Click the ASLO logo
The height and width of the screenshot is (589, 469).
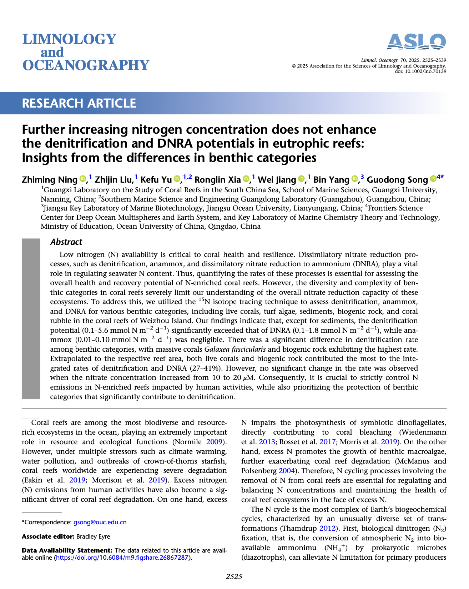[x=416, y=42]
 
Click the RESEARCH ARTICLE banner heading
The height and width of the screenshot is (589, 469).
[x=79, y=103]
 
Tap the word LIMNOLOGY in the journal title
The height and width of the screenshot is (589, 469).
[x=69, y=39]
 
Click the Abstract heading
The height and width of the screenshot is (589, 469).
[x=66, y=242]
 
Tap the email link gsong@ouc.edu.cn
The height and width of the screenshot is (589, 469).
[x=100, y=522]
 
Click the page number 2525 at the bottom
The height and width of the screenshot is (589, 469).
[x=234, y=576]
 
